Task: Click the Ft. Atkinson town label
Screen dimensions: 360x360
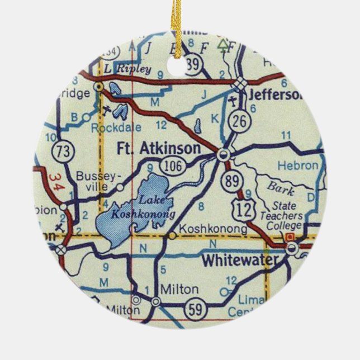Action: point(158,149)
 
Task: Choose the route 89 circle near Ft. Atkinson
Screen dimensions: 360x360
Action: point(230,181)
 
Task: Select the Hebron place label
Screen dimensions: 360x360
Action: point(299,165)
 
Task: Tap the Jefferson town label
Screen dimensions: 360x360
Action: point(273,94)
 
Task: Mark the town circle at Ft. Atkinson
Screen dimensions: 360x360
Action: point(224,155)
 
